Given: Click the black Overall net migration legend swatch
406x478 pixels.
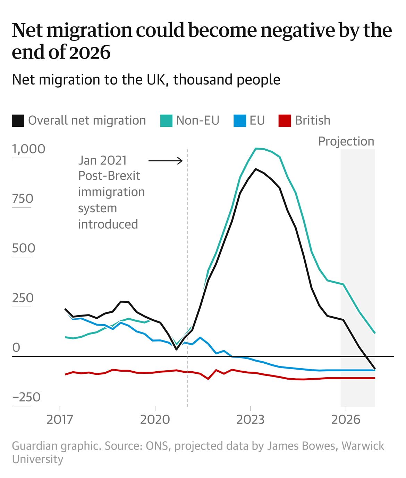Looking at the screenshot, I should tap(18, 121).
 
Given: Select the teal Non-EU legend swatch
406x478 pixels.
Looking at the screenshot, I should tap(166, 121).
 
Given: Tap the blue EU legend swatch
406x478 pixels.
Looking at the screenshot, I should tap(240, 121).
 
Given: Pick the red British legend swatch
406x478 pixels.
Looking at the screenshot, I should tap(285, 121).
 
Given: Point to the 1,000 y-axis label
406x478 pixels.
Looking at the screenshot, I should tap(28, 149).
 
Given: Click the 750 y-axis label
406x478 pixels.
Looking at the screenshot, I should tap(23, 199).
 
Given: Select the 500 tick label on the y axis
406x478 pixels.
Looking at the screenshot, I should tap(24, 248).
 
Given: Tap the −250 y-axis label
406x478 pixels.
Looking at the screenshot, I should tap(26, 397).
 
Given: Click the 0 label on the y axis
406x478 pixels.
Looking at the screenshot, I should tap(16, 347).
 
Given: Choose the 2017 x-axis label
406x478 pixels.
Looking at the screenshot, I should tap(60, 419).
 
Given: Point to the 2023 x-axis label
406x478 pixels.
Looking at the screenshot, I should tap(250, 419).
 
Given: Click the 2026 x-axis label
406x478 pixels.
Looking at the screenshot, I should tap(346, 419).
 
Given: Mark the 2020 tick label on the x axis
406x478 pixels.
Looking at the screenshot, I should tap(155, 419).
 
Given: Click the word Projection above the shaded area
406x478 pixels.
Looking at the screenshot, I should tap(346, 141).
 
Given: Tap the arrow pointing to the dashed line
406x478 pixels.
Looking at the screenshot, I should tap(165, 161).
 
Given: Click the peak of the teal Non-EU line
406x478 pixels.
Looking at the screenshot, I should tap(256, 149).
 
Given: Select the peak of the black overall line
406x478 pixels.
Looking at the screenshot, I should tap(256, 169).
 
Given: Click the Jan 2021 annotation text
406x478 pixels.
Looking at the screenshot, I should tap(102, 161).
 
